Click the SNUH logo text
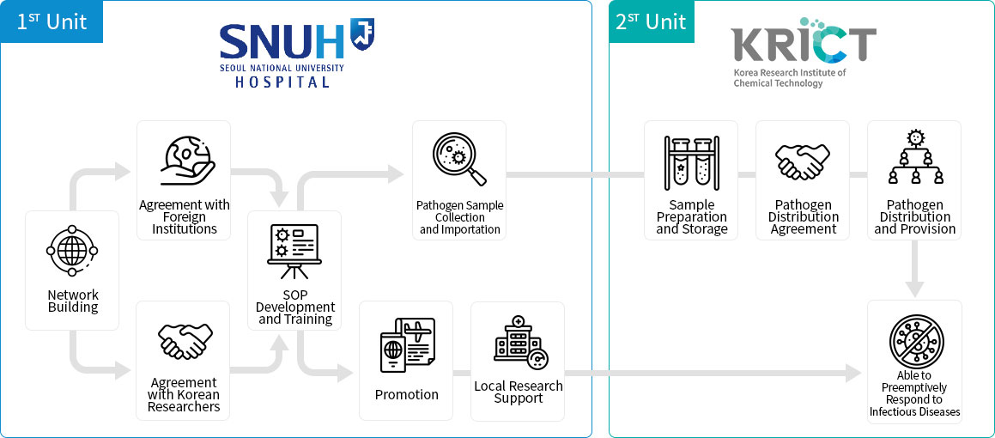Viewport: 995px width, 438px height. click(x=281, y=40)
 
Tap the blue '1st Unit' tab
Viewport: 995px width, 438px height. click(x=52, y=21)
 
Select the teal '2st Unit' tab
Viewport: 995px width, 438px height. click(x=652, y=21)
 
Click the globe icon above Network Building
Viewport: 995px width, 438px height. click(x=73, y=252)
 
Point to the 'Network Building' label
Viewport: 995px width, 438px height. click(x=73, y=301)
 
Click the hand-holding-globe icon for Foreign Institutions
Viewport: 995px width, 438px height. click(x=185, y=161)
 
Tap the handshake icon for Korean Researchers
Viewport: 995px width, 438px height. click(x=185, y=341)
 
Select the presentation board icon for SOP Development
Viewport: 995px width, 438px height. click(x=294, y=251)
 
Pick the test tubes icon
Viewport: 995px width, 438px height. click(x=691, y=162)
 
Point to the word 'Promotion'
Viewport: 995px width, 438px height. click(x=407, y=395)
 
